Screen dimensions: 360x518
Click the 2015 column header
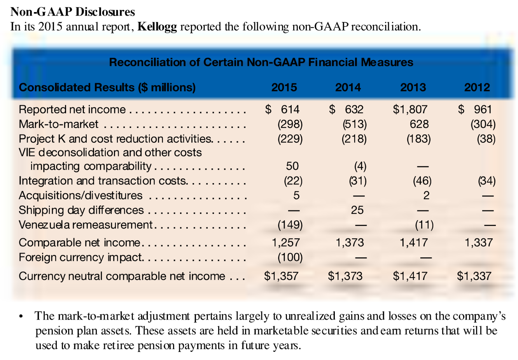284,87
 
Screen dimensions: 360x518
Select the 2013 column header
413,87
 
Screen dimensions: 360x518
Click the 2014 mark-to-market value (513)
354,124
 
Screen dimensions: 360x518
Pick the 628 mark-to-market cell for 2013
419,124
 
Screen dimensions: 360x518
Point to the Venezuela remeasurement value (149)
290,225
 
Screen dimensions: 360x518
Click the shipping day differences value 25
357,210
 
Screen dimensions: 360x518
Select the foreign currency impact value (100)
290,257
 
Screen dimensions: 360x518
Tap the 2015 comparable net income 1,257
286,243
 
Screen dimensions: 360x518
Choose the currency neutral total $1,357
281,276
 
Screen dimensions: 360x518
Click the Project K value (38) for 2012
486,139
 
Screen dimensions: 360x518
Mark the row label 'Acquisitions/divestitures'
80,196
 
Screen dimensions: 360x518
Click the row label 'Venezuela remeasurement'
86,225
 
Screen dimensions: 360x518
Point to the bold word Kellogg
157,27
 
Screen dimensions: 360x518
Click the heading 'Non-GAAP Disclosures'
73,12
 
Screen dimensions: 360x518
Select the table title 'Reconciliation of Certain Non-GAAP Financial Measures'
261,62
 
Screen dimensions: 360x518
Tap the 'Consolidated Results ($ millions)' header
107,87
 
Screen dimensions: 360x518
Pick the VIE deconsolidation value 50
292,166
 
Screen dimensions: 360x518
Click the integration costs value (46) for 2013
422,181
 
